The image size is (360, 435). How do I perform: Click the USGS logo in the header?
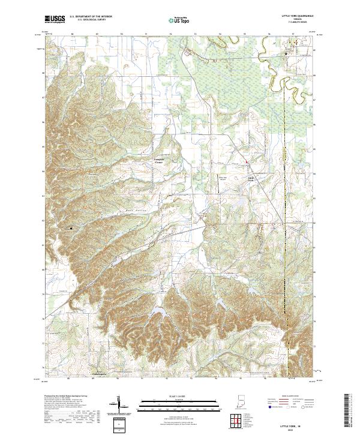click(x=55, y=20)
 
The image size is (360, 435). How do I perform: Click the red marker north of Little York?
click(x=245, y=161)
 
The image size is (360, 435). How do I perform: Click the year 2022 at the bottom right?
click(x=292, y=430)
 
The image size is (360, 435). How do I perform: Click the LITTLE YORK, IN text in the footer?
click(x=292, y=425)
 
